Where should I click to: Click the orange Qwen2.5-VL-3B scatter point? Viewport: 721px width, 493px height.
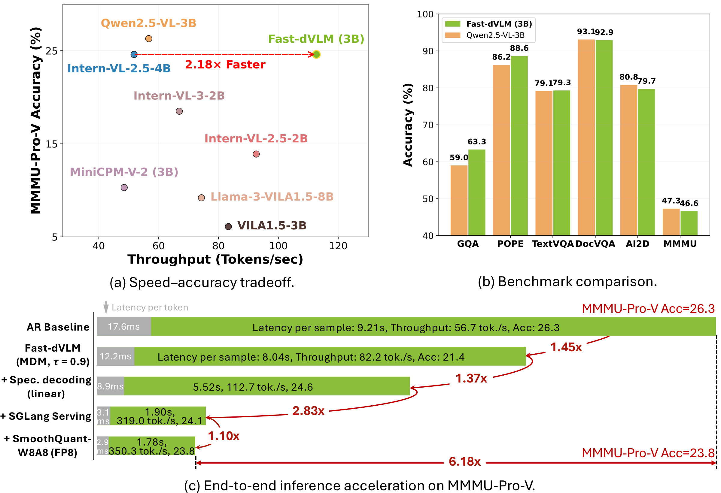[x=149, y=39]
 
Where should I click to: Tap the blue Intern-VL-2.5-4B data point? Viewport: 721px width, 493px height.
[x=134, y=55]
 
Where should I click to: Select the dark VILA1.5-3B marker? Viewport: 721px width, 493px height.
[x=228, y=227]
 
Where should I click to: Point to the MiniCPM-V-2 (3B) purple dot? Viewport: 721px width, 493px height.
[x=124, y=188]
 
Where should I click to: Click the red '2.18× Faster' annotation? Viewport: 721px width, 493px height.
[x=225, y=65]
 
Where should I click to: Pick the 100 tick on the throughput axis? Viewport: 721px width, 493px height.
[x=278, y=246]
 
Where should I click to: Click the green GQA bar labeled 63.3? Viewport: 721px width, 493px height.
[x=477, y=192]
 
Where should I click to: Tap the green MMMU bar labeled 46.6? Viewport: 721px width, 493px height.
[x=689, y=223]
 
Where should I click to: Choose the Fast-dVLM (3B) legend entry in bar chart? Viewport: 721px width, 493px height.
[x=489, y=24]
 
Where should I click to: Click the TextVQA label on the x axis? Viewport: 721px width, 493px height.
[x=552, y=244]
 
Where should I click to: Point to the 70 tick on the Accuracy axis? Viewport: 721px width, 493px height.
[x=428, y=125]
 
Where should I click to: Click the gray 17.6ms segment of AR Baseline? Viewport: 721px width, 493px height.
[x=123, y=326]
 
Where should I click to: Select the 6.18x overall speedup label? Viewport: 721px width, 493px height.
[x=464, y=462]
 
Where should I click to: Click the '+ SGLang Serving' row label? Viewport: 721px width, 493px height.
[x=46, y=416]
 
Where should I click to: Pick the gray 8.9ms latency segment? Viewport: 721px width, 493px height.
[x=110, y=386]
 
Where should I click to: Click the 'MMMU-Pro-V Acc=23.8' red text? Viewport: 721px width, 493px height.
[x=648, y=453]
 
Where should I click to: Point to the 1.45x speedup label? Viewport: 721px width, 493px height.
[x=566, y=347]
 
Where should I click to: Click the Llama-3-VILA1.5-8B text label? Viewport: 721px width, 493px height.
[x=272, y=197]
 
